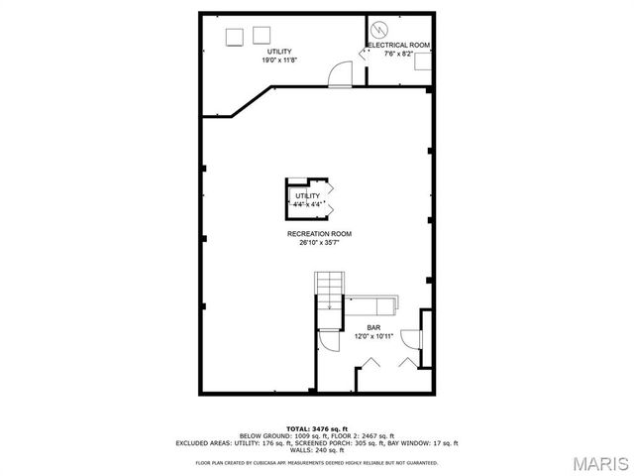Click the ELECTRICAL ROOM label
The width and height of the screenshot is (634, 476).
coord(399,46)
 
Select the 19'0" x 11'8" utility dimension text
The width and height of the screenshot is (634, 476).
coord(280,59)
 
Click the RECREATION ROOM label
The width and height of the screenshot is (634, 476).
coord(319,234)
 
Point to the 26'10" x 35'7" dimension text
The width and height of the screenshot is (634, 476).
coord(319,243)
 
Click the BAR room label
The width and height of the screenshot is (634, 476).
coord(374,326)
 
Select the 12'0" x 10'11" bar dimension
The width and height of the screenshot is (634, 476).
coord(374,336)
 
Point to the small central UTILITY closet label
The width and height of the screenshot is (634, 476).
coord(307,196)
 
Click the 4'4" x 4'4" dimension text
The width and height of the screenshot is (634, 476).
coord(307,204)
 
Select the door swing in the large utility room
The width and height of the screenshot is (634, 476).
coord(340,75)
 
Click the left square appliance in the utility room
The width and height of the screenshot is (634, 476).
coord(235,37)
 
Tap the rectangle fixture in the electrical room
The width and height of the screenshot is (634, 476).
coord(422,61)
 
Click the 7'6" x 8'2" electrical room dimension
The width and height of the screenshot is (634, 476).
coord(399,55)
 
